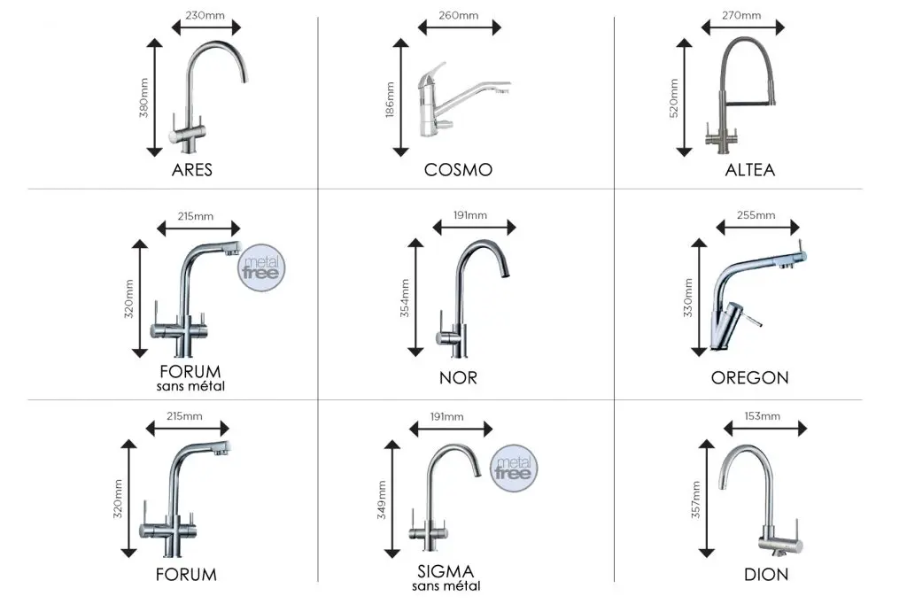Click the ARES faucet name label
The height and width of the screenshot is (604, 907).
tap(192, 169)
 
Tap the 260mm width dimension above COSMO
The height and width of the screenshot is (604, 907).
tap(460, 15)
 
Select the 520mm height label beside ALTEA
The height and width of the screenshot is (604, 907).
tap(674, 98)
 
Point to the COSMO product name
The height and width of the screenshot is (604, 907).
tap(458, 169)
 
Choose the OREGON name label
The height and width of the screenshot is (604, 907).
tap(749, 378)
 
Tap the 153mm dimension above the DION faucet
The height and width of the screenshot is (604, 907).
tap(764, 415)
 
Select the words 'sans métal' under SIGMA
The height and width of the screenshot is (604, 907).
tap(446, 586)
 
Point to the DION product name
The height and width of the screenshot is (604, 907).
tap(766, 575)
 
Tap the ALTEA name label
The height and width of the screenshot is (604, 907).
tap(749, 169)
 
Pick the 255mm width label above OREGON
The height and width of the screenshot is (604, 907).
tap(756, 215)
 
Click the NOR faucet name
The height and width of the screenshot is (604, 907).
tap(458, 378)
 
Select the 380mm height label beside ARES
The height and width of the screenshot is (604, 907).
tap(144, 98)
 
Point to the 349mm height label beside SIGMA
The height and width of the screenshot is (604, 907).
tap(383, 501)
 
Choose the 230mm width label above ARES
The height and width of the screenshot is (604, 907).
tap(205, 15)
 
